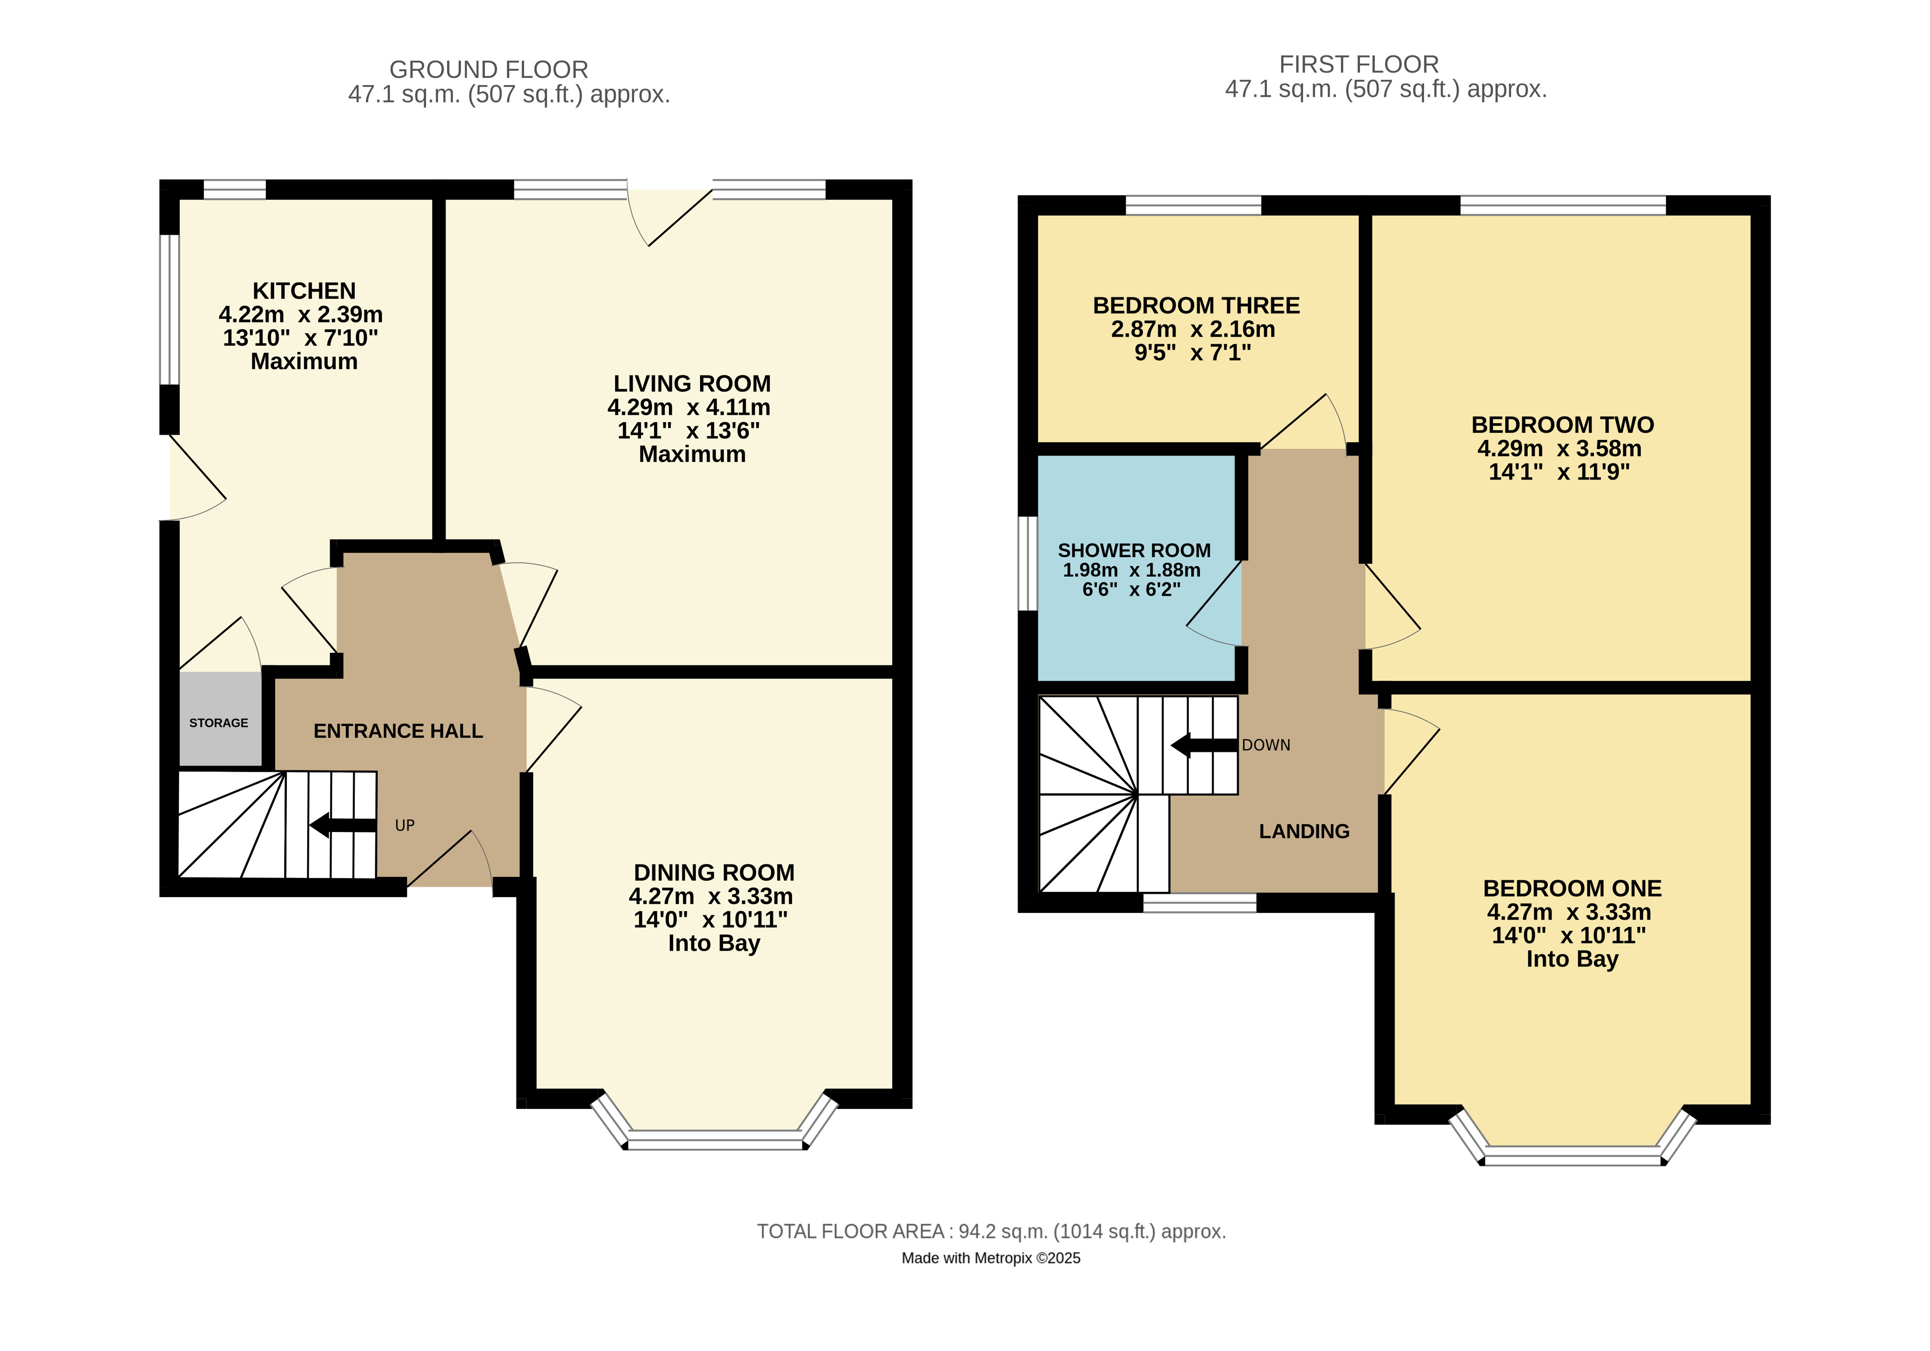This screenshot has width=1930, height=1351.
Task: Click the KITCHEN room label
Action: tap(304, 291)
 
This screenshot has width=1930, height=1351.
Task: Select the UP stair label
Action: tap(405, 825)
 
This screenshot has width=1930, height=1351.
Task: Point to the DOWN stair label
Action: tap(1266, 745)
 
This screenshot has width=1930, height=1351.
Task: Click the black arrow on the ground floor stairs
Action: tap(343, 825)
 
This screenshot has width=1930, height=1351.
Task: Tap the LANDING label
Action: tap(1304, 832)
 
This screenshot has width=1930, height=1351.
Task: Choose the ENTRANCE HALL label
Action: tap(398, 731)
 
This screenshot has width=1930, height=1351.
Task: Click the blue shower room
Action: tap(1137, 568)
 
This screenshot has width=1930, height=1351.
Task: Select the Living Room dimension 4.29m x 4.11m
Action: tap(689, 407)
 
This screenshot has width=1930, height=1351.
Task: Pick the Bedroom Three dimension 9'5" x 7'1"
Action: tap(1193, 352)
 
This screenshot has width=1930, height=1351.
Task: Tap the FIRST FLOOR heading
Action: tap(1359, 64)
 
